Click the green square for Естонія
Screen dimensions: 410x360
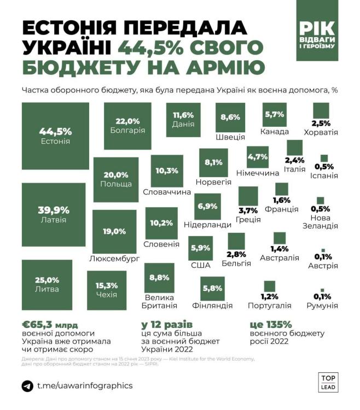pos(55,136)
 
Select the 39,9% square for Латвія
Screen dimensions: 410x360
pos(54,214)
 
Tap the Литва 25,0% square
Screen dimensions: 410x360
pos(47,284)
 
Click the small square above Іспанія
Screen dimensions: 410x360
pos(324,159)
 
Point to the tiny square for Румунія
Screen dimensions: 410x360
pos(322,290)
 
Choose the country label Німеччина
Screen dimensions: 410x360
pos(257,173)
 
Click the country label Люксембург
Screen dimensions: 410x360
pos(114,257)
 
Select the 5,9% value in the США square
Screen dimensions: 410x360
pos(200,248)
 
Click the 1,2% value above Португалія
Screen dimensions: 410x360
pos(269,297)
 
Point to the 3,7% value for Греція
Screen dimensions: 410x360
pos(248,210)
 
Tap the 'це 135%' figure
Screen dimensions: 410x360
pos(274,324)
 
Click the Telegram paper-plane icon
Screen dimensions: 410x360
pos(27,386)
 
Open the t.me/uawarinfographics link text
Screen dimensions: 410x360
pos(85,386)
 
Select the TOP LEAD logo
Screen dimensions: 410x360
pos(327,382)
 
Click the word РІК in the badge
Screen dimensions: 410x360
pos(317,29)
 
